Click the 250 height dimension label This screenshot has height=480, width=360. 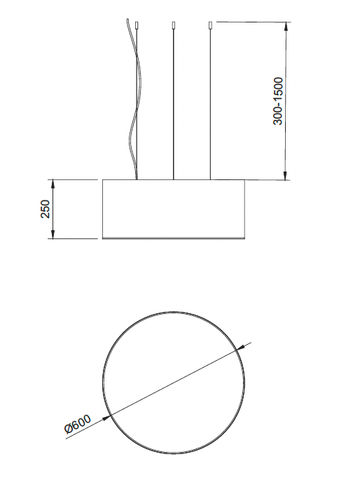pyautogui.click(x=46, y=209)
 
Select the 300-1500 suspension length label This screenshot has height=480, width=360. pyautogui.click(x=278, y=102)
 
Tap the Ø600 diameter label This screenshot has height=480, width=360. pyautogui.click(x=78, y=424)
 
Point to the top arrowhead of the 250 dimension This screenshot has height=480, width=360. pyautogui.click(x=53, y=184)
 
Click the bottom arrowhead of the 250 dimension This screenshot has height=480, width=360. pyautogui.click(x=53, y=233)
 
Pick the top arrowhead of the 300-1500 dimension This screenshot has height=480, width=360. pyautogui.click(x=286, y=27)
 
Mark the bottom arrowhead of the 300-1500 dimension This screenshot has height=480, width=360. pyautogui.click(x=286, y=174)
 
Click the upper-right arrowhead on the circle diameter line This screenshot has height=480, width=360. pyautogui.click(x=241, y=347)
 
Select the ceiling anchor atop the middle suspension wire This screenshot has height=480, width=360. pyautogui.click(x=174, y=25)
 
